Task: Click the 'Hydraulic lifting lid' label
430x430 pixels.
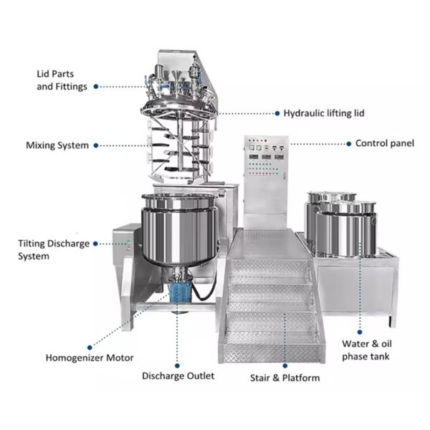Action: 324,113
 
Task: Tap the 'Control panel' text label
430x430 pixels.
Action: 385,143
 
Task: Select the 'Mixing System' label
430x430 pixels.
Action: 57,145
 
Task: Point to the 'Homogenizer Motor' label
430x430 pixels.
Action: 90,358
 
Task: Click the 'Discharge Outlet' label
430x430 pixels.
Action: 178,376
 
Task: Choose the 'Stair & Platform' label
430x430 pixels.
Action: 285,378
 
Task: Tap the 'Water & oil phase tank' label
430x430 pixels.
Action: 367,350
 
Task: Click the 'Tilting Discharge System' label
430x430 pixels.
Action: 54,250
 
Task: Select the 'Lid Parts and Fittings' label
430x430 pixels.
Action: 62,80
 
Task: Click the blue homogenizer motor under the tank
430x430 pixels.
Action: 179,292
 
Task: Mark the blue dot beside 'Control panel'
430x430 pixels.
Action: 349,144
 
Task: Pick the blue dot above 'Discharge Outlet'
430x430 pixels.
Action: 177,365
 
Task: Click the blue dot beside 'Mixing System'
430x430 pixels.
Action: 96,145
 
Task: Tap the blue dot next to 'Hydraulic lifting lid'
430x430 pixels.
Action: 277,113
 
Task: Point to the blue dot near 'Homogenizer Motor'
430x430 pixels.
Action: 90,348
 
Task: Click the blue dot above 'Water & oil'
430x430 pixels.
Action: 360,332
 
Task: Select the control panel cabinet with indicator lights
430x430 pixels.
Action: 266,181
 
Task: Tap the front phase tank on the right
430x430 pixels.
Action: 346,229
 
